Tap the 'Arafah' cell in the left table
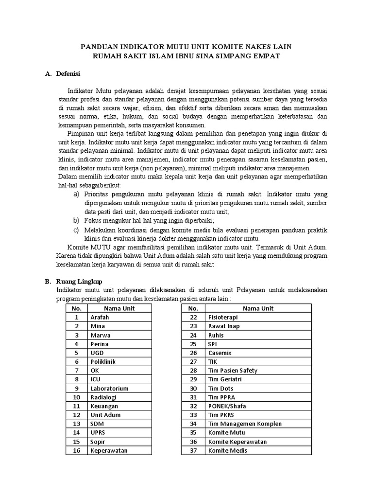[99, 317]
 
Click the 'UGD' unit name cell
[97, 353]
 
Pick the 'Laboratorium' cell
[109, 388]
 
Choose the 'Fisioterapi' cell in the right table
[223, 317]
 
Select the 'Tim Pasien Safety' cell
[233, 371]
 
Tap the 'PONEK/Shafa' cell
[226, 406]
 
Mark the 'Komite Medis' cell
[227, 451]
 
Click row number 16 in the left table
[76, 451]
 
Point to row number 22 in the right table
[193, 317]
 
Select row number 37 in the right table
[193, 451]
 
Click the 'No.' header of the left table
[76, 308]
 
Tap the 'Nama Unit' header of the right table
[258, 308]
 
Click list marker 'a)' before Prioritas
[76, 194]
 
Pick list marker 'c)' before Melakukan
[76, 230]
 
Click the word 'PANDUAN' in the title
[99, 47]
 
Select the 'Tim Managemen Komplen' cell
[245, 424]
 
